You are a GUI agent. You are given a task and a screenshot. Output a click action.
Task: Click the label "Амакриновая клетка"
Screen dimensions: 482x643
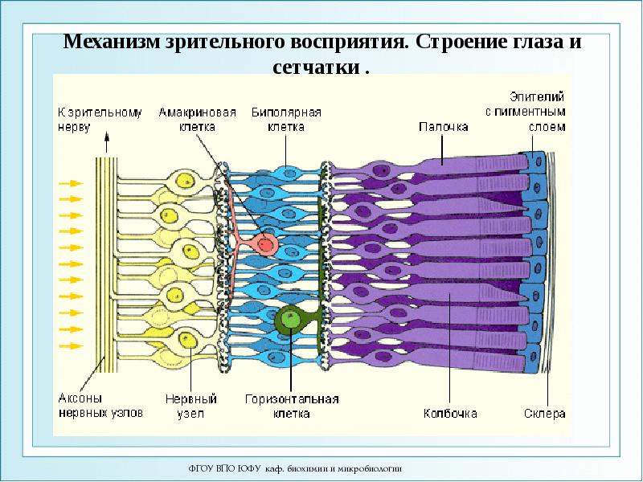197,119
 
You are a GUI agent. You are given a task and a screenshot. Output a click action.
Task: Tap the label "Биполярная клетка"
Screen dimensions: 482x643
286,119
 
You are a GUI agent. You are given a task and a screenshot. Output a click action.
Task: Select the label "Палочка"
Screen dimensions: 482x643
443,126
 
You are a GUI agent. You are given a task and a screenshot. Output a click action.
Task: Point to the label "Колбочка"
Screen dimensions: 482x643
450,414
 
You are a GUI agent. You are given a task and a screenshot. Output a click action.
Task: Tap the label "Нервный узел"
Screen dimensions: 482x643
191,406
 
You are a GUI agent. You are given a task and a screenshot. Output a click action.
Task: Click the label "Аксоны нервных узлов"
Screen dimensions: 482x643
100,406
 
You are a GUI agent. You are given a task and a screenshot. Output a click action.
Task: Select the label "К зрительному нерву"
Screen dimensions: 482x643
99,119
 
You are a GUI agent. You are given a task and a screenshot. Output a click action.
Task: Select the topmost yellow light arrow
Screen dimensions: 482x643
72,183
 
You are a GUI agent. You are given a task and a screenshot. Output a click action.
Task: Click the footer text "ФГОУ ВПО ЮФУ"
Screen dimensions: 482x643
216,468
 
